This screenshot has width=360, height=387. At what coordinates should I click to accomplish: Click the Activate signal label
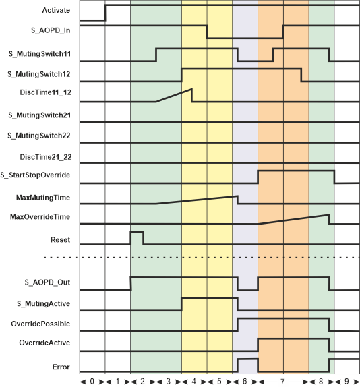(x=56, y=10)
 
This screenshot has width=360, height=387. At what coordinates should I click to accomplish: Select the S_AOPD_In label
(x=51, y=30)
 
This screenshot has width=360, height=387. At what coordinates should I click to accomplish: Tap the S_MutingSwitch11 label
(x=40, y=54)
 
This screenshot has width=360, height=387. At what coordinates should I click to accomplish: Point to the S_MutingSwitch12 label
(x=39, y=74)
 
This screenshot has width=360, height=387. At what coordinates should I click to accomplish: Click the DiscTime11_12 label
(x=46, y=92)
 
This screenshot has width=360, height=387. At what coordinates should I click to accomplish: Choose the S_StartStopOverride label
(x=35, y=175)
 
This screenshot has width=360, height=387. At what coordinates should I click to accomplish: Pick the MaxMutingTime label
(x=43, y=198)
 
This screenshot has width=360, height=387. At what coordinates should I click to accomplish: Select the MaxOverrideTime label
(x=40, y=217)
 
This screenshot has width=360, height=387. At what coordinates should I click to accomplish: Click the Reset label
(x=60, y=240)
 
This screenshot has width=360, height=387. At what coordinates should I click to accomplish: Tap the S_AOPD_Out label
(x=47, y=282)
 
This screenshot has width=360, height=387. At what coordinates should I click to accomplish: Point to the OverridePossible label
(x=40, y=324)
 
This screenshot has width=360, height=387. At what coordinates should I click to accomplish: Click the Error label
(x=61, y=367)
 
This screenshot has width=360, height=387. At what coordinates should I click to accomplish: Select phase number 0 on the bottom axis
(x=92, y=382)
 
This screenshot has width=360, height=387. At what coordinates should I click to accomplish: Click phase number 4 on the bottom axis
(x=194, y=382)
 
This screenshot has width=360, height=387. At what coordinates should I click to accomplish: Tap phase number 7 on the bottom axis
(x=282, y=382)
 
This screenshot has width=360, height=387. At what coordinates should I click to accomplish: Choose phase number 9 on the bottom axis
(x=347, y=382)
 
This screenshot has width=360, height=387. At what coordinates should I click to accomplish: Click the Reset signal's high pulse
(x=137, y=232)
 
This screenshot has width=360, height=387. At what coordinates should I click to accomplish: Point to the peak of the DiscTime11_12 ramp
(x=191, y=89)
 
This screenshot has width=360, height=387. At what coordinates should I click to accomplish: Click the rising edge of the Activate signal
(x=105, y=13)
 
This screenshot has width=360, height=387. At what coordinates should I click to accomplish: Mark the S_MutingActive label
(x=43, y=303)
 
